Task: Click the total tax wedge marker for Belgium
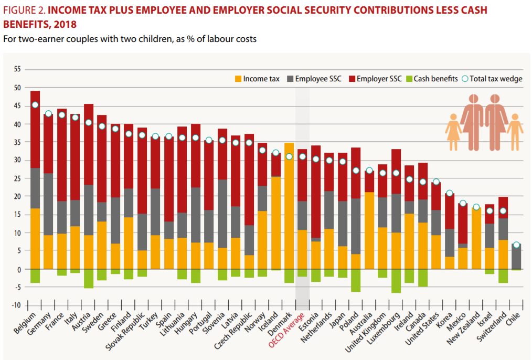(x=35, y=105)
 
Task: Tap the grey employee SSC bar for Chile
(x=516, y=257)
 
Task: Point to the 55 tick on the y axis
(x=17, y=69)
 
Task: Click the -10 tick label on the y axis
(x=16, y=305)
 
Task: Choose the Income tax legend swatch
(x=238, y=79)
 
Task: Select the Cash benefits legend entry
(x=435, y=79)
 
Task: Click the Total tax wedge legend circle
(x=464, y=79)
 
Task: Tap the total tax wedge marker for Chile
(x=516, y=245)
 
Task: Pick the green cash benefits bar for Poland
(x=356, y=280)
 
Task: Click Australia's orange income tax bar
(x=370, y=231)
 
